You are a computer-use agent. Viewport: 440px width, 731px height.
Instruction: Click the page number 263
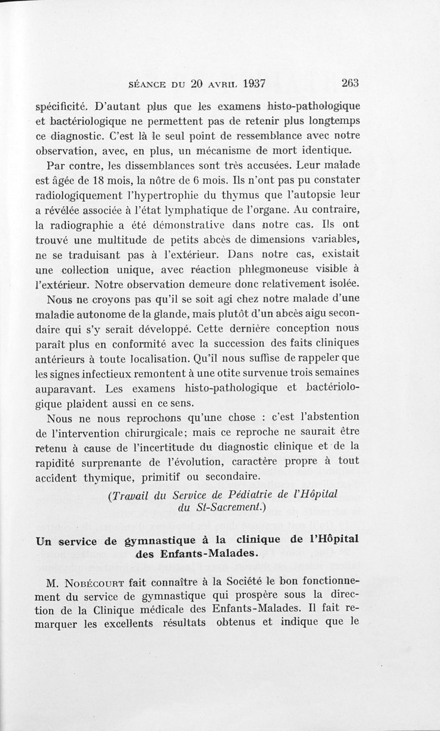coord(350,84)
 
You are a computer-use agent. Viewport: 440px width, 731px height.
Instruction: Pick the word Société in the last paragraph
coord(239,582)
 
